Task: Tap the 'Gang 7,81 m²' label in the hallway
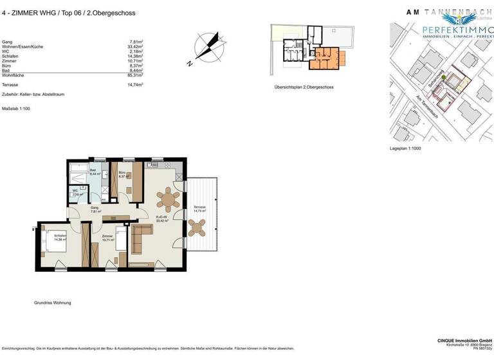[94, 209]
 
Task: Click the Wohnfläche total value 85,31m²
[134, 75]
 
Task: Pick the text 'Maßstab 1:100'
[16, 109]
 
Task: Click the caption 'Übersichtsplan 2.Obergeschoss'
[304, 87]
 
